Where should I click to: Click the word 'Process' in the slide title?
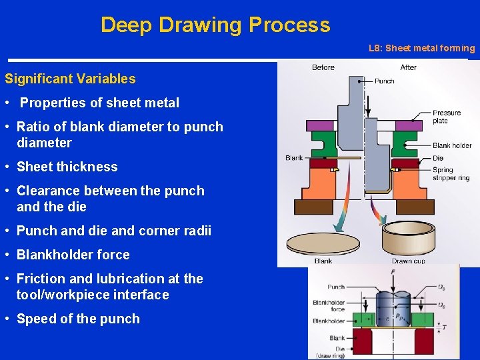point(289,25)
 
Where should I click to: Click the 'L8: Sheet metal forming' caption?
point(421,48)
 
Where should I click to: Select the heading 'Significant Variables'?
point(70,79)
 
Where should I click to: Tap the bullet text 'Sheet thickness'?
point(67,167)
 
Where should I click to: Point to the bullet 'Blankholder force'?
point(73,255)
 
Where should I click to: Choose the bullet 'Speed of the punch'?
point(78,319)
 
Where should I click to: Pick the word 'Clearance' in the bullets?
point(49,191)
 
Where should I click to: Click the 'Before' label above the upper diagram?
point(323,67)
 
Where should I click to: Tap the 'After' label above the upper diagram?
point(409,67)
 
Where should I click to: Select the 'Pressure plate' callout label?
point(447,117)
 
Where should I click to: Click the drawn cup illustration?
point(404,235)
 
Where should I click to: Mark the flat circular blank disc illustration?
point(323,241)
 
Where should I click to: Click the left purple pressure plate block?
point(319,124)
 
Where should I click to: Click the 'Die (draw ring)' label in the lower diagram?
point(330,352)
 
